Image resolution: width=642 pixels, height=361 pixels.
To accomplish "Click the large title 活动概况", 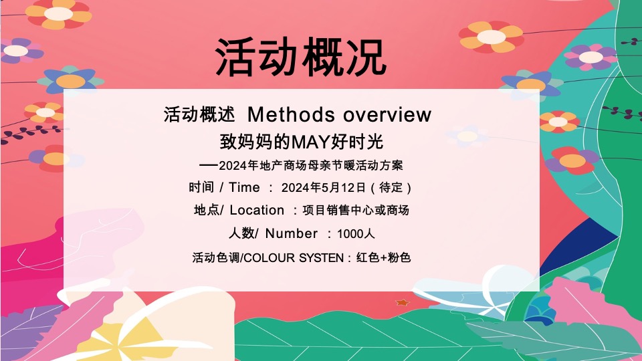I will click(301, 57).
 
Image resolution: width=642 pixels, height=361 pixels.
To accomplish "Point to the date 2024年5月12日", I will click(324, 187).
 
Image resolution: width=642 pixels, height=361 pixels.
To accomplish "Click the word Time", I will click(244, 187).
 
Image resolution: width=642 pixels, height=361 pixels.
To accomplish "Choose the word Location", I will click(257, 210).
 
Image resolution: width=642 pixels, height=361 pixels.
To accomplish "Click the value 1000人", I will click(356, 234).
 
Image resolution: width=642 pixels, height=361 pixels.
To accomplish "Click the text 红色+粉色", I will click(384, 257).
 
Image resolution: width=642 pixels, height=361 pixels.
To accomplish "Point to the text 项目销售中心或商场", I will click(356, 210).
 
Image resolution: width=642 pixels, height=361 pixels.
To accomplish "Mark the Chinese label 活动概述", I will click(199, 114).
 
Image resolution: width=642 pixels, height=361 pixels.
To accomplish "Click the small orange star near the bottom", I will click(402, 303).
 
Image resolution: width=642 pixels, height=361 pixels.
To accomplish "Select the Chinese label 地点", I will click(206, 210).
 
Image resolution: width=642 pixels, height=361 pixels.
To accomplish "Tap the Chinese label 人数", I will click(241, 233).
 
